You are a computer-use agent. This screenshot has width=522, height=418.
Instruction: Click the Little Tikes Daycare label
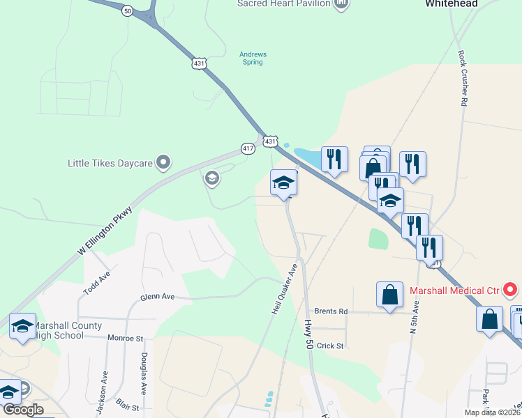(110, 164)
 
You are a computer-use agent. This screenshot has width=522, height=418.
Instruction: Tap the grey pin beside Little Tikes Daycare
(163, 163)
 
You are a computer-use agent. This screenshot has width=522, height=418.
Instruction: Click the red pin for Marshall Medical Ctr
(510, 288)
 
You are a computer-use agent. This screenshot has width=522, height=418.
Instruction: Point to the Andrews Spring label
(253, 59)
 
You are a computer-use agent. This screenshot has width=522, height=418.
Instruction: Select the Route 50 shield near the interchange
(126, 11)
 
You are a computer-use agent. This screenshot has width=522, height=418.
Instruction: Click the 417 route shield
(248, 148)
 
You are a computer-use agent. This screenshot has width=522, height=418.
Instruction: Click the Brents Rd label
(330, 311)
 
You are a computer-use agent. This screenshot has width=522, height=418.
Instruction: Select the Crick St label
(330, 346)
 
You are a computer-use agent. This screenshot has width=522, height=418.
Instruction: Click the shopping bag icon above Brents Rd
(389, 295)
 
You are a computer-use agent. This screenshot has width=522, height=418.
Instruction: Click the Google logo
(23, 410)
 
